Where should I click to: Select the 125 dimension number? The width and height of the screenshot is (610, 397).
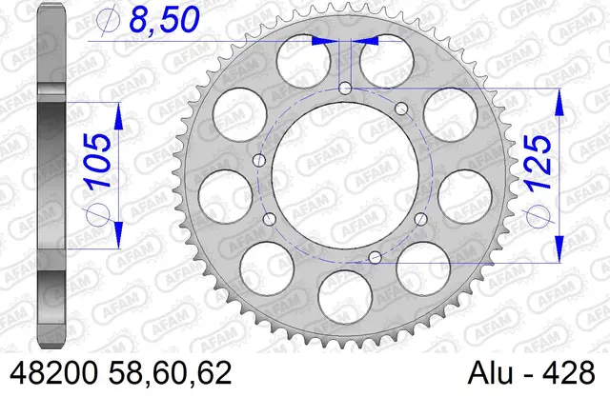tap(539, 163)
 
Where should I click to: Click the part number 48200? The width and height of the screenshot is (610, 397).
tap(53, 373)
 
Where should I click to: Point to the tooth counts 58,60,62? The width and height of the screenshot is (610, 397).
tap(171, 373)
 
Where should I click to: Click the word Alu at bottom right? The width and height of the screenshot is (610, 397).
tap(490, 373)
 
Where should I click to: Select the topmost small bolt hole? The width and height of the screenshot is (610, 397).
tap(345, 89)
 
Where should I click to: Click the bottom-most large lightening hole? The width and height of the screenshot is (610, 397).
tap(345, 297)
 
